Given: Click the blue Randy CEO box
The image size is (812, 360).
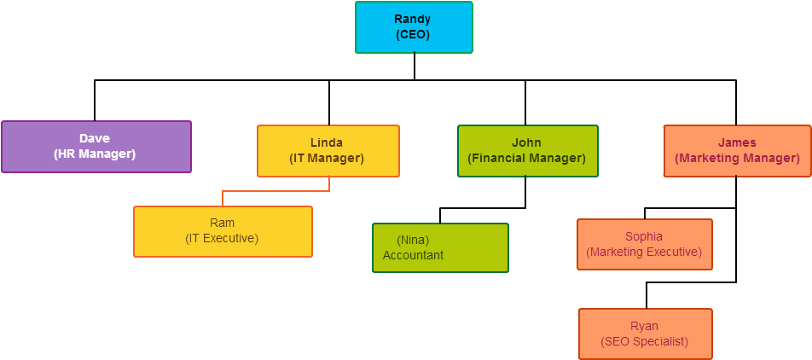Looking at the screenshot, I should click(414, 27).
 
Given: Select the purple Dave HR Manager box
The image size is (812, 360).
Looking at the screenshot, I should click(96, 147).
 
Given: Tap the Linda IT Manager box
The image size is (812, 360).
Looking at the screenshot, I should click(328, 151).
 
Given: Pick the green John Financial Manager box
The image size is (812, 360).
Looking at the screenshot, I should click(527, 151).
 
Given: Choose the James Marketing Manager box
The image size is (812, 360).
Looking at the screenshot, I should click(737, 151).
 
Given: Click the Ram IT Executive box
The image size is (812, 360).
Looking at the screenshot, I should click(223, 231).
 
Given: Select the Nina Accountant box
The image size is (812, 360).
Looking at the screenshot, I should click(440, 247).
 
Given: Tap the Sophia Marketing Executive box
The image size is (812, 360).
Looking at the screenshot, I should click(644, 244).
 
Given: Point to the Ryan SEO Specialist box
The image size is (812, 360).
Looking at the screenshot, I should click(644, 334).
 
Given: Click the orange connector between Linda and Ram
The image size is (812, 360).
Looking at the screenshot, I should click(276, 191).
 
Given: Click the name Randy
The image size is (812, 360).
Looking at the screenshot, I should click(413, 19).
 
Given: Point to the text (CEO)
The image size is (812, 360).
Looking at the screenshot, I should click(413, 35).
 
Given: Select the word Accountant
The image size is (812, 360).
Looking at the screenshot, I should click(413, 255).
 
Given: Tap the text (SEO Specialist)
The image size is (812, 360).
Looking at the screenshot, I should click(644, 341).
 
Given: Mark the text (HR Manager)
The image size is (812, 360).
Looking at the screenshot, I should click(95, 154).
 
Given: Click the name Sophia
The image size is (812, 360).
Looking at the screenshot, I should click(644, 236).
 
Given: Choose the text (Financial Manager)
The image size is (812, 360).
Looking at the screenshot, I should click(526, 158).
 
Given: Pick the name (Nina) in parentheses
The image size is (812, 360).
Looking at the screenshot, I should click(413, 240).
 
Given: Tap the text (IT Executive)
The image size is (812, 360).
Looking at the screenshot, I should click(222, 238).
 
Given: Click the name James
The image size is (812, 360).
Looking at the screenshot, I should click(737, 142).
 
